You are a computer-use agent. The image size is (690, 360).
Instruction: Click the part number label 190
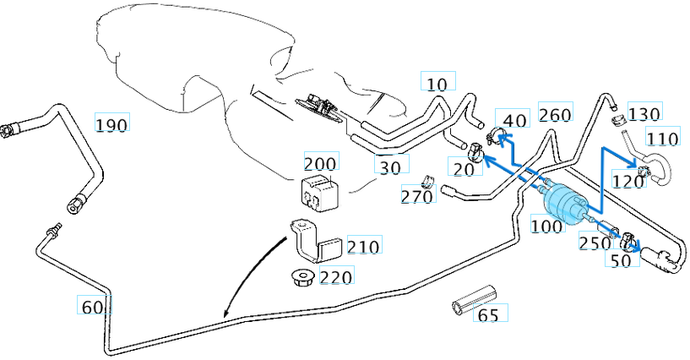click(x=111, y=125)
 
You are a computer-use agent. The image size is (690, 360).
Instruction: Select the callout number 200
click(x=320, y=163)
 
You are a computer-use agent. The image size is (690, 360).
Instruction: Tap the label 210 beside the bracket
click(x=363, y=246)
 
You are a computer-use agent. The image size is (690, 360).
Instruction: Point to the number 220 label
click(x=335, y=275)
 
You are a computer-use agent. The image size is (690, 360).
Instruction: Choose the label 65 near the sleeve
click(x=488, y=315)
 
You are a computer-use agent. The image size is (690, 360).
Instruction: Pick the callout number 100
click(x=546, y=226)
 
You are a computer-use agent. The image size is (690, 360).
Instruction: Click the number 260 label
click(x=555, y=115)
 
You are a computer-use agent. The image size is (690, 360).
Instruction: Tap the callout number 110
click(x=662, y=138)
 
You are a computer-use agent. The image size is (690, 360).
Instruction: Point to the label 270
click(x=417, y=197)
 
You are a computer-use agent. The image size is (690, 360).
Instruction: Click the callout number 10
click(x=437, y=84)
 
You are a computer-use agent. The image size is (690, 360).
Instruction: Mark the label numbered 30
click(x=390, y=167)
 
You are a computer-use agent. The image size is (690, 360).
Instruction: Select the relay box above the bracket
click(x=319, y=192)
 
